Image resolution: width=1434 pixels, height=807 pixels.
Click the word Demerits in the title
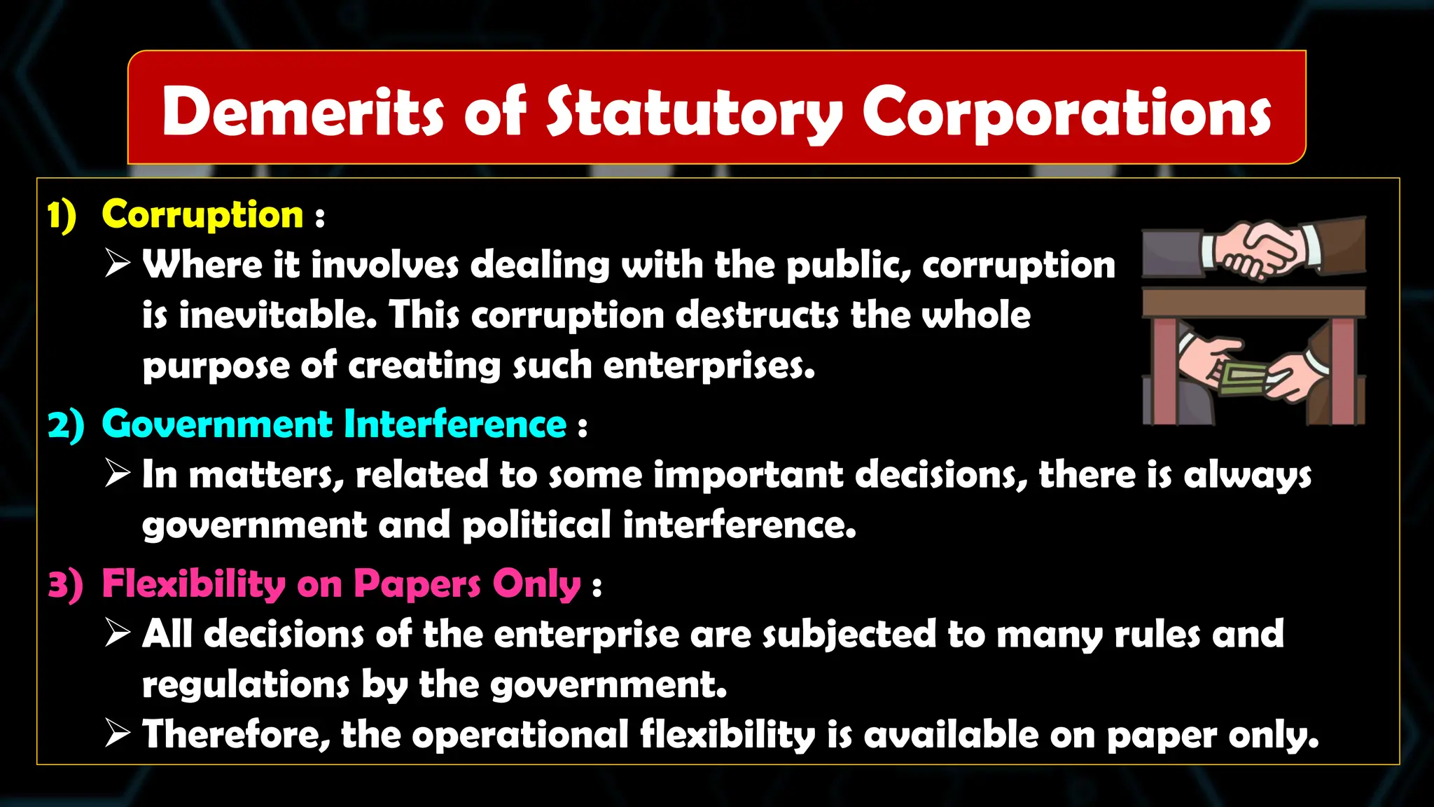tap(302, 112)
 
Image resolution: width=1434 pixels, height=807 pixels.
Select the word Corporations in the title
tap(1066, 113)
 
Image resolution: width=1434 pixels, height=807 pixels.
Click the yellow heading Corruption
tap(202, 214)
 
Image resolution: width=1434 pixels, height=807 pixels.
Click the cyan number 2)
tap(66, 425)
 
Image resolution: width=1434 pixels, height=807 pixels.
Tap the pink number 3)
tap(66, 584)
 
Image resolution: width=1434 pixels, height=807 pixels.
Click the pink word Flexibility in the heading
tap(193, 584)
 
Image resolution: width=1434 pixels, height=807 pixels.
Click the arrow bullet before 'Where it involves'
tap(118, 264)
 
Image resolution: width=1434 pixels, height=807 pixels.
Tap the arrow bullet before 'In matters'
tap(118, 474)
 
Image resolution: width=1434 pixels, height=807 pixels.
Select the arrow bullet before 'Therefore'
tap(118, 733)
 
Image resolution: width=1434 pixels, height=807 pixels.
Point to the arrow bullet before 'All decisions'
tap(118, 633)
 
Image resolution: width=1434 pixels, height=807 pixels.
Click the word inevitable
tap(277, 315)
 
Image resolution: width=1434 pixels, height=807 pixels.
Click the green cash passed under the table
tap(1243, 379)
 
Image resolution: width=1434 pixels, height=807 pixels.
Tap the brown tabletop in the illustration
tap(1253, 302)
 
